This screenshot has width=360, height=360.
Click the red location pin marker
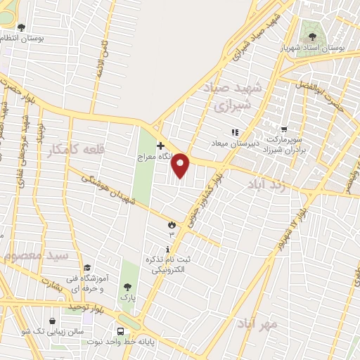click(181, 165)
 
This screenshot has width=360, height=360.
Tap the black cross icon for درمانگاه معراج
click(161, 145)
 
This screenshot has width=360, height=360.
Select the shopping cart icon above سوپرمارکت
click(283, 129)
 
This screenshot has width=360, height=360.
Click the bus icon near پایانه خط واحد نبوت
click(122, 330)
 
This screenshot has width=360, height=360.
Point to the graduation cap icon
click(87, 267)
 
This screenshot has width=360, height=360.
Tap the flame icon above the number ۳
click(171, 224)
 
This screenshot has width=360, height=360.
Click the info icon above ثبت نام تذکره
click(167, 250)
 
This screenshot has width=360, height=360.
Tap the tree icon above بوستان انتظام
click(21, 27)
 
